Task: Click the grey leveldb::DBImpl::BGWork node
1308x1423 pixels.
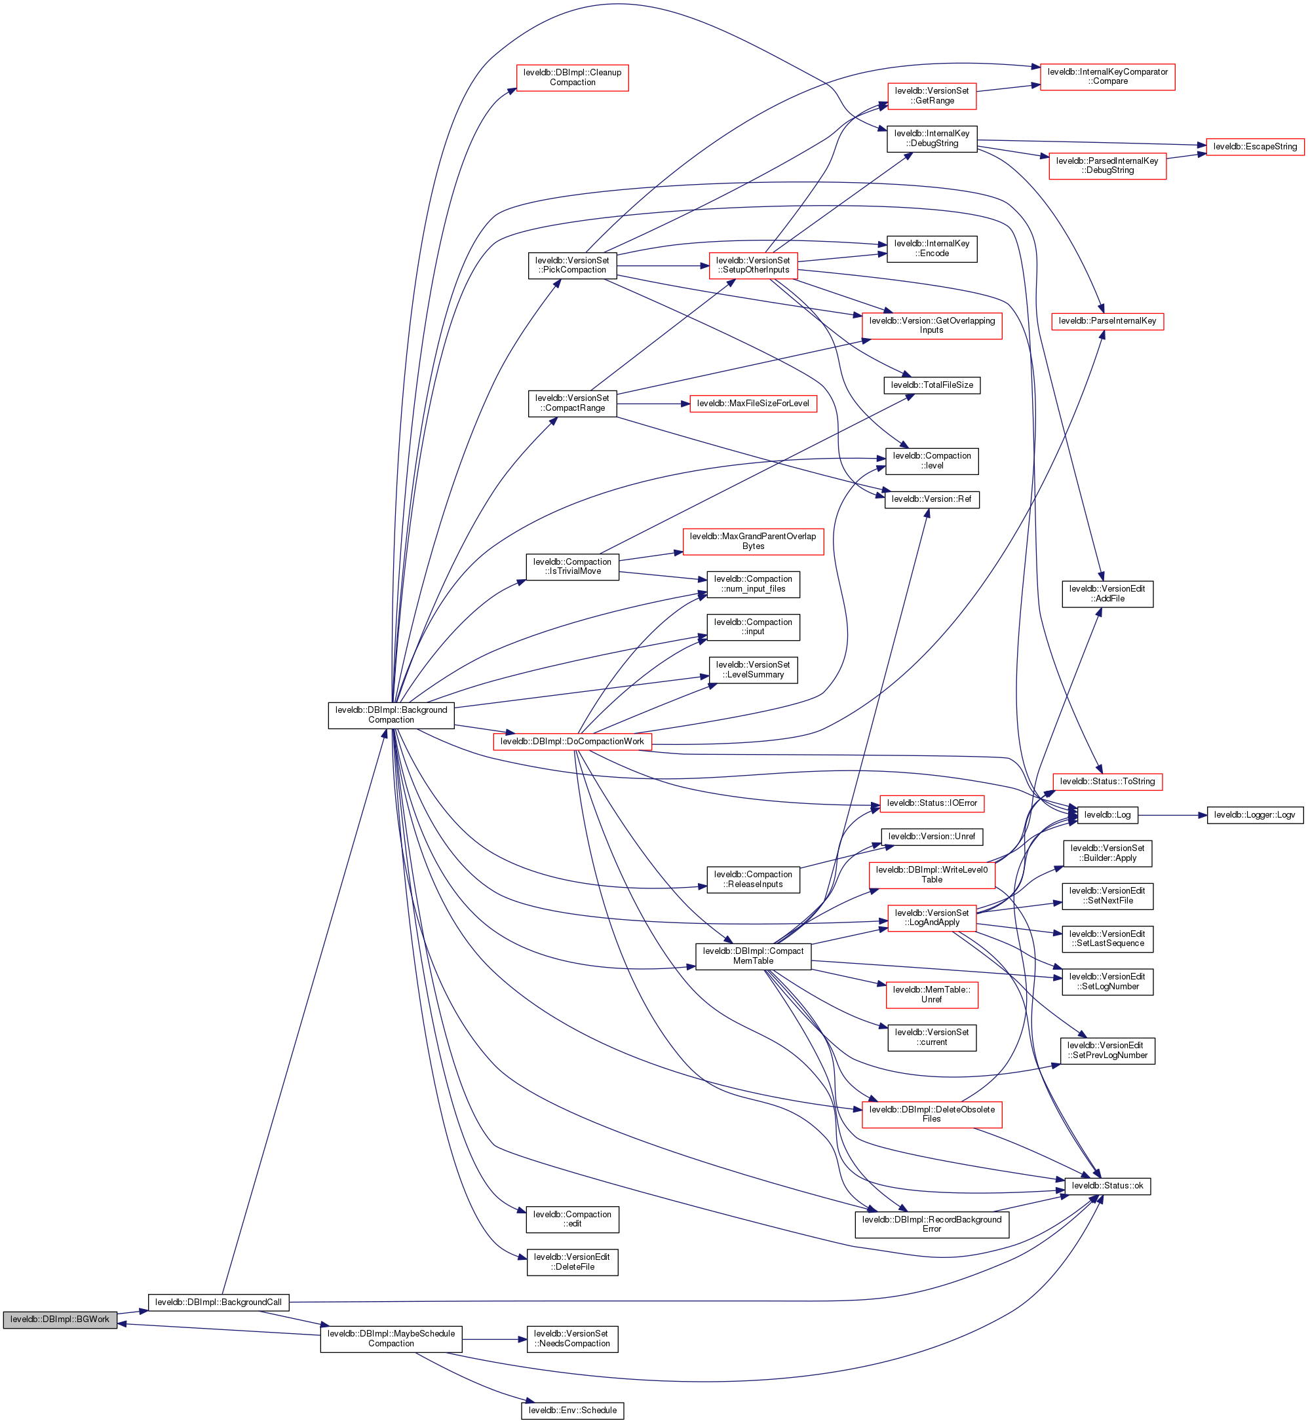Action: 60,1319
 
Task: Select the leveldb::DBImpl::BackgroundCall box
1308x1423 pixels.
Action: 218,1302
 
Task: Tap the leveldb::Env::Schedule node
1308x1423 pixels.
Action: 572,1411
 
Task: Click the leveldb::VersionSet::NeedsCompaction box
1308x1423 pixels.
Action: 572,1338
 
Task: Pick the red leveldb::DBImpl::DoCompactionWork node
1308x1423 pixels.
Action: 572,742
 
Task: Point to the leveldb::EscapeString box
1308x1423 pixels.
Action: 1254,147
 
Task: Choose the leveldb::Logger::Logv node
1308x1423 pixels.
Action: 1254,815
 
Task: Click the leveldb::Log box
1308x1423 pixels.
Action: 1107,815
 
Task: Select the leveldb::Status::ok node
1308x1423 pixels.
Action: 1107,1186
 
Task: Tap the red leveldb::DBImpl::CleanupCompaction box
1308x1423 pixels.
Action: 572,77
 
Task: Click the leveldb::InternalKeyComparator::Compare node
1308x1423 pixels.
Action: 1107,77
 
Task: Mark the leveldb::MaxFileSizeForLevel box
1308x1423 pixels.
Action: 753,404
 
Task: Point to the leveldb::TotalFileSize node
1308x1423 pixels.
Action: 931,385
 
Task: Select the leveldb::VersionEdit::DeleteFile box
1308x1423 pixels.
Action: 572,1262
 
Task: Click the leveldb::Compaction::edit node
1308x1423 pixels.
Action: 572,1219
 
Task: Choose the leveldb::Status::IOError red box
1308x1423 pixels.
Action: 931,804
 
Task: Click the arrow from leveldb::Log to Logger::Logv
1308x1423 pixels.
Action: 1172,815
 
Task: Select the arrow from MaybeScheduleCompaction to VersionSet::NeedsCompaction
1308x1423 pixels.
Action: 494,1340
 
